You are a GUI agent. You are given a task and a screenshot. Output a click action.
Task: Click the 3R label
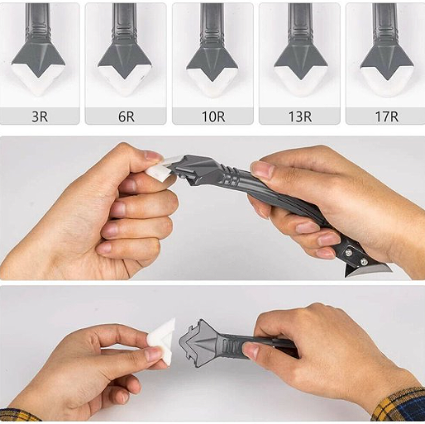click(40, 117)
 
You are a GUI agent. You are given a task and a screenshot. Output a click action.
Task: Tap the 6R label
click(127, 117)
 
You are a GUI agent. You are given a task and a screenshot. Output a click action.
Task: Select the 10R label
click(213, 117)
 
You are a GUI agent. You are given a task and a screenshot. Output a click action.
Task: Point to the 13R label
click(300, 117)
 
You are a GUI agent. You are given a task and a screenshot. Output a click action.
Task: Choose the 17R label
click(387, 117)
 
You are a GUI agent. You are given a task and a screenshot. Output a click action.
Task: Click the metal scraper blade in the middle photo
click(364, 270)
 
